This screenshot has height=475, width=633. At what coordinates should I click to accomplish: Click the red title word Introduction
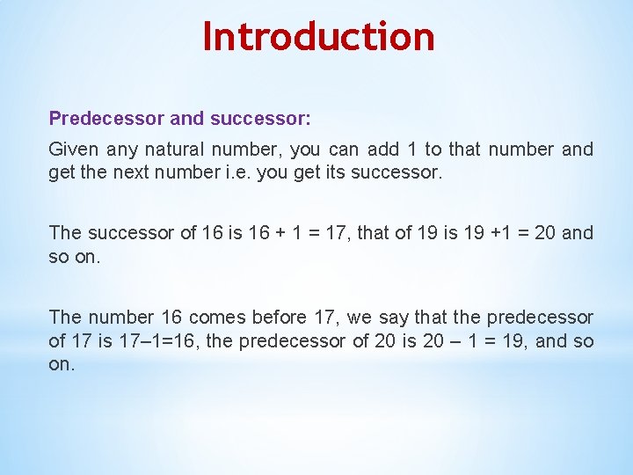click(x=318, y=37)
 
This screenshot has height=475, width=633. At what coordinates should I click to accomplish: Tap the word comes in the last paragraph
click(x=220, y=317)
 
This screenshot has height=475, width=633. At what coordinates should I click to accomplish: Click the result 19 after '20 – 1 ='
click(x=504, y=341)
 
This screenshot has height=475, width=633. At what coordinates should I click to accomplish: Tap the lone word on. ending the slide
click(x=62, y=363)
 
